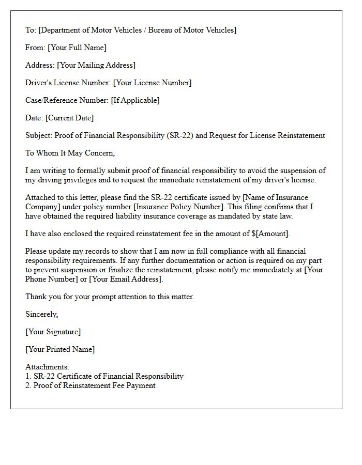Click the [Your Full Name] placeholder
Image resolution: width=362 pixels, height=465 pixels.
tap(77, 48)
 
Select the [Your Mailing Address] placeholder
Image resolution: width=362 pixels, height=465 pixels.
tap(96, 65)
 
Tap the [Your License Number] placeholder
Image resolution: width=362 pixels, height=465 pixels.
tap(152, 83)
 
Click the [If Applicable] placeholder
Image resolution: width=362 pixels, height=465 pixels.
tap(135, 100)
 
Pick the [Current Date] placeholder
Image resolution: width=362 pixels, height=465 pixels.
tap(70, 118)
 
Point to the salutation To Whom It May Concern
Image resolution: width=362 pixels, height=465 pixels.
tap(70, 153)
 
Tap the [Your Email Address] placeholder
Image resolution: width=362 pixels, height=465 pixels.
tap(126, 279)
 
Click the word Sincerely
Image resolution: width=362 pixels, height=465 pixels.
tap(42, 314)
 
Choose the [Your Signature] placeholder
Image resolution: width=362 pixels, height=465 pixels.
tap(53, 332)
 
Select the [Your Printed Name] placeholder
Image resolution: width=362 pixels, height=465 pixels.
tap(60, 349)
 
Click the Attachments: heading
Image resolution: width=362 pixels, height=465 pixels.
tap(47, 367)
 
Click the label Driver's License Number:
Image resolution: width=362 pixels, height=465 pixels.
tap(68, 83)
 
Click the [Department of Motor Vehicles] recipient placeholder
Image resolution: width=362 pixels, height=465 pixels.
tap(137, 30)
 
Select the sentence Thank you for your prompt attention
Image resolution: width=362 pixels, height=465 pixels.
tap(110, 297)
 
